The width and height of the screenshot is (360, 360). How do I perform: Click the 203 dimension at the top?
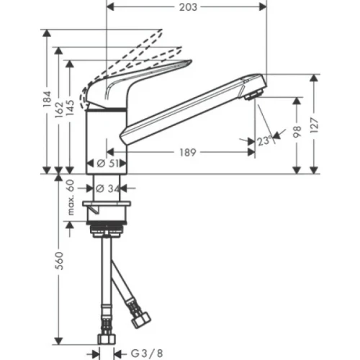tap(186, 9)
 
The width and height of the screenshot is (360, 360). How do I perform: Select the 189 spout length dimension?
tap(186, 153)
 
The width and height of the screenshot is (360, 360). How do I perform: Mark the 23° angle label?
tap(264, 142)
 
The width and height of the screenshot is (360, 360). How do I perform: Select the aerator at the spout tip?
tap(251, 95)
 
